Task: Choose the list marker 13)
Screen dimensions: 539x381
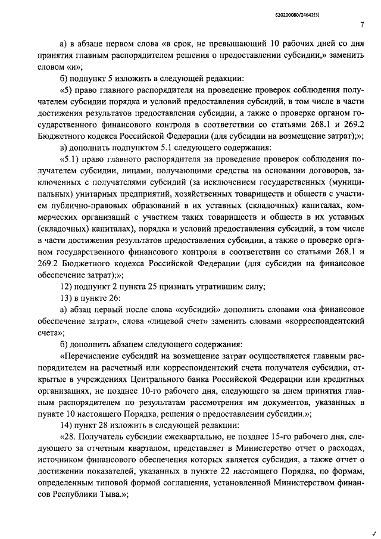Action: pos(67,299)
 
